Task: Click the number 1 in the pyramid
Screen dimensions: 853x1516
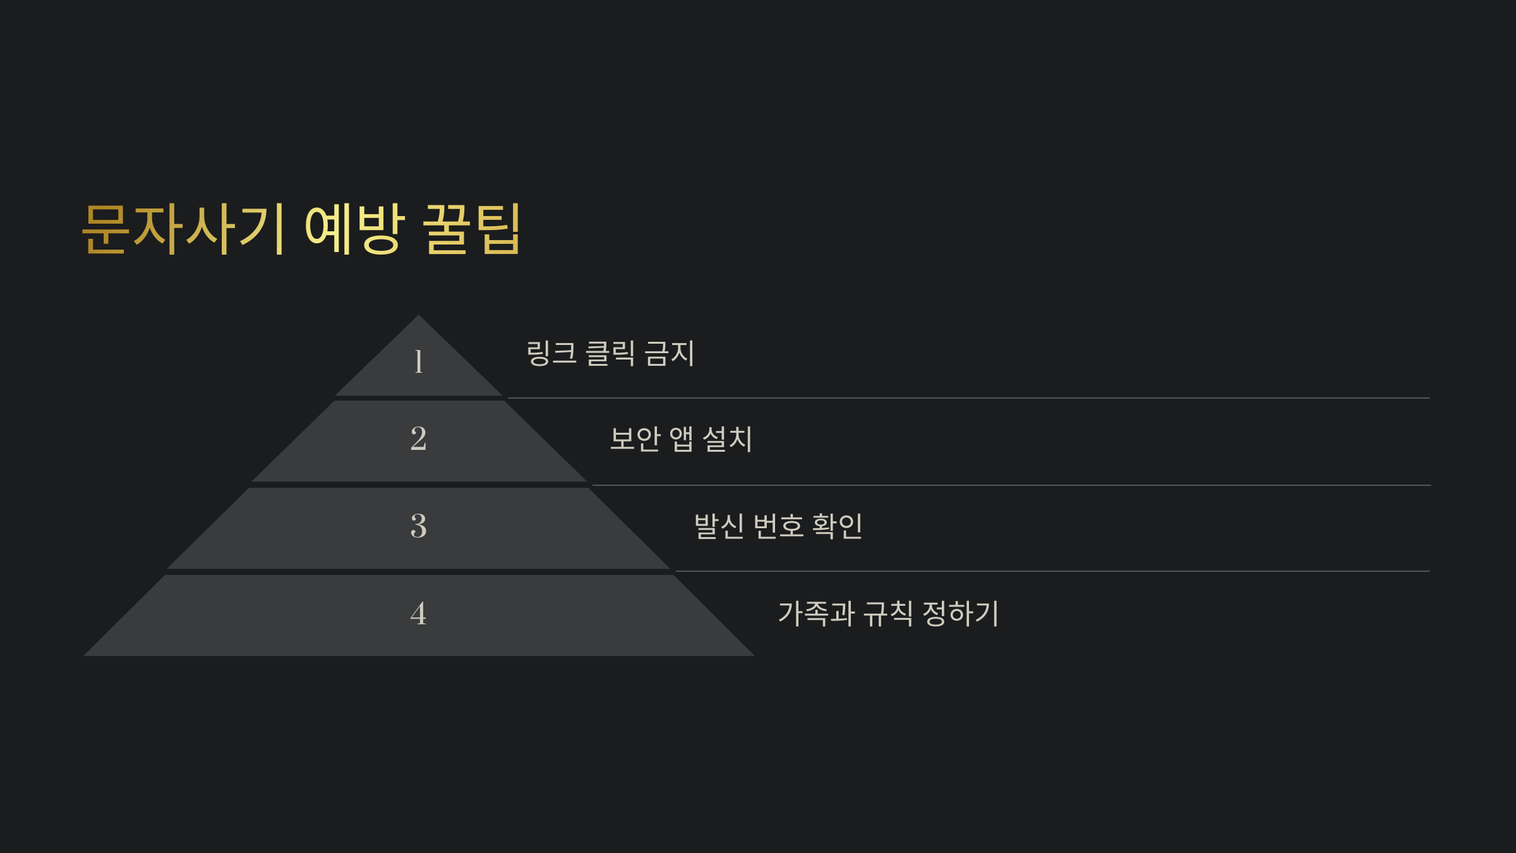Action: [418, 361]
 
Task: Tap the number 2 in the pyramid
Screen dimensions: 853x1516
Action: [418, 439]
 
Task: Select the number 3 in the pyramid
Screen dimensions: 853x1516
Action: [418, 526]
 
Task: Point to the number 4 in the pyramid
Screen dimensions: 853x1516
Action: [418, 613]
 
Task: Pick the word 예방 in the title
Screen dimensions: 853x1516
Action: [354, 229]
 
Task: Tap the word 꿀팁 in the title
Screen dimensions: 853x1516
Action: [472, 229]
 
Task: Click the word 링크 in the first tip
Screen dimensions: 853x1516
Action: [551, 353]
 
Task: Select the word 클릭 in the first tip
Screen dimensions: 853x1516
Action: [610, 353]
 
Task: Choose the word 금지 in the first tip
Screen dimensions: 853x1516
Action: [670, 353]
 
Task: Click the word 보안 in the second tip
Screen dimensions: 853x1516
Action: [635, 439]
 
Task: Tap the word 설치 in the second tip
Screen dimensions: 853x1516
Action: [728, 439]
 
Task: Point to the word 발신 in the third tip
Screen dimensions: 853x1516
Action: [719, 526]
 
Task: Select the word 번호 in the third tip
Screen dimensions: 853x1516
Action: [779, 526]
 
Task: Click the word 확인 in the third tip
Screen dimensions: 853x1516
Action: [838, 526]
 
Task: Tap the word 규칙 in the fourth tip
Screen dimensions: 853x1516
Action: [888, 613]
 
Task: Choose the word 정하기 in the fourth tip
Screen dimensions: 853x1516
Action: [961, 613]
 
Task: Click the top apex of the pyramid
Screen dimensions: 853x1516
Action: [418, 317]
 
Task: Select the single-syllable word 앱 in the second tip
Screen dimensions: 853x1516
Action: [682, 439]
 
